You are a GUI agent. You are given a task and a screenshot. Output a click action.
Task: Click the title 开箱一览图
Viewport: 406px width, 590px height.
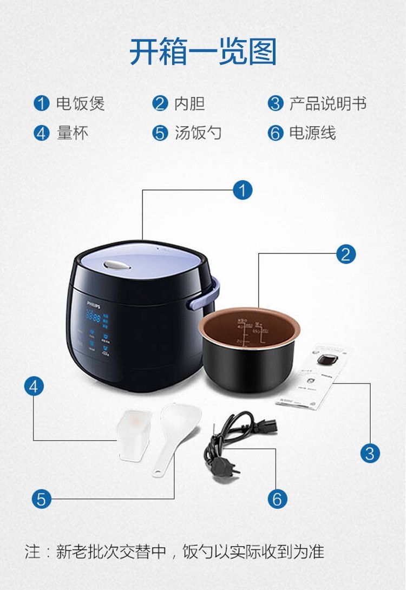[203, 52]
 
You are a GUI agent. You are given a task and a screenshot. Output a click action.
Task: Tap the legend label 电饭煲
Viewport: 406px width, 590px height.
[81, 104]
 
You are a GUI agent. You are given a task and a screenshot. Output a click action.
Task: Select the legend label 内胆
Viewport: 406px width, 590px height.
[189, 104]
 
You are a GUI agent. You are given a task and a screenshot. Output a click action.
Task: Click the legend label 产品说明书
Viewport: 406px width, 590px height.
[328, 104]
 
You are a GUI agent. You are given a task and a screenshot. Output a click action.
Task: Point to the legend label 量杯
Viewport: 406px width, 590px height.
[73, 133]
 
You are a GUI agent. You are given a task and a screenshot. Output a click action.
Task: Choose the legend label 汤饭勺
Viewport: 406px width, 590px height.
[198, 133]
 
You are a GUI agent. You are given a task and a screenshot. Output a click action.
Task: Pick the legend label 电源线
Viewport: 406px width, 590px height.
[312, 133]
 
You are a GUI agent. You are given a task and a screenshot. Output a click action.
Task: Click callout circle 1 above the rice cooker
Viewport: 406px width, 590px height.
[243, 190]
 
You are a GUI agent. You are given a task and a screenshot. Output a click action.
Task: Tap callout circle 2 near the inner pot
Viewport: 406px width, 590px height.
[346, 253]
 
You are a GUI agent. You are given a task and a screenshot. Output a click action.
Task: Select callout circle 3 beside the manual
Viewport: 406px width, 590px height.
[370, 453]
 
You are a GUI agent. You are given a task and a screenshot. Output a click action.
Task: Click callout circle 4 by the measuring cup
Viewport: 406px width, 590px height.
[34, 386]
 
